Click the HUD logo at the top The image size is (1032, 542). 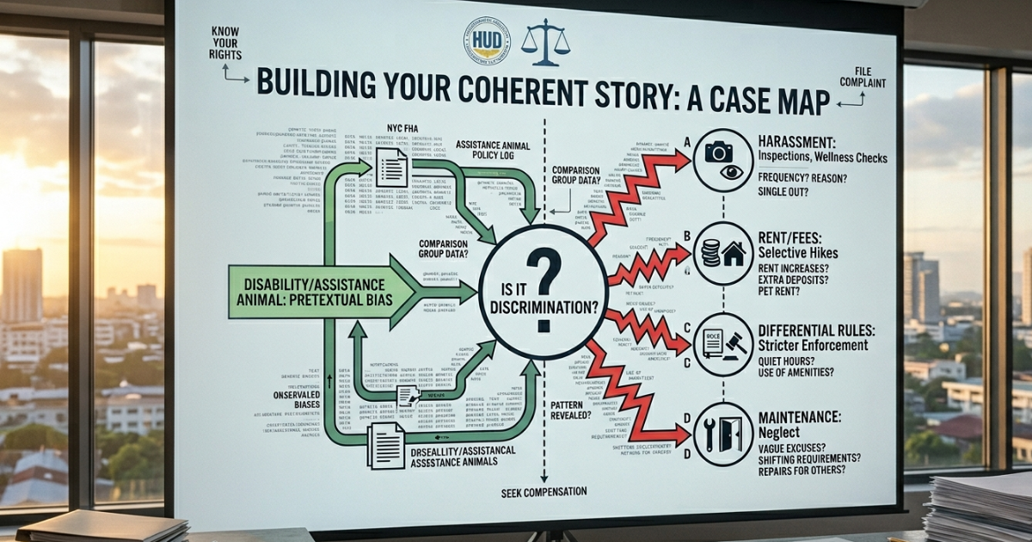tap(488, 40)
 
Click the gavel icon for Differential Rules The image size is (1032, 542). tap(723, 344)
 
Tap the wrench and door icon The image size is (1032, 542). tap(723, 435)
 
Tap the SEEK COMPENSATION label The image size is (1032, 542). tap(544, 492)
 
